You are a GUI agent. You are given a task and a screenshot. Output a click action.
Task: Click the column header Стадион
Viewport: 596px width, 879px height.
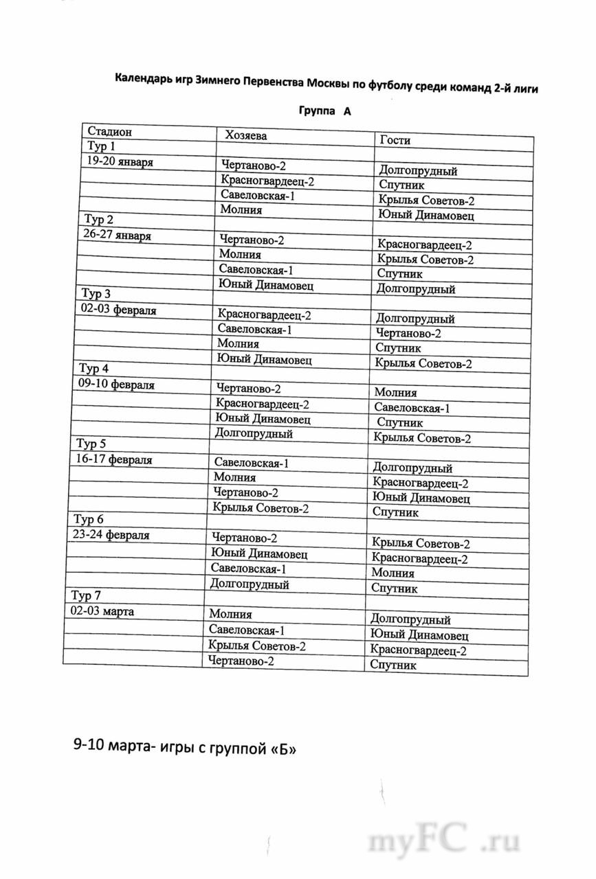click(108, 131)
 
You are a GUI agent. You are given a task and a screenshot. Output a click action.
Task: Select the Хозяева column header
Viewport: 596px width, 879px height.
click(243, 135)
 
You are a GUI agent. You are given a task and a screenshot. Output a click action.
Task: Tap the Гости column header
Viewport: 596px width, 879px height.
click(394, 139)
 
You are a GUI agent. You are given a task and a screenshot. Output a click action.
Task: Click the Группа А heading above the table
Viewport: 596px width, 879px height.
click(324, 111)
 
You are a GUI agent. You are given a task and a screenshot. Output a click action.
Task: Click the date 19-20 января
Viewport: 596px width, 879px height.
click(119, 162)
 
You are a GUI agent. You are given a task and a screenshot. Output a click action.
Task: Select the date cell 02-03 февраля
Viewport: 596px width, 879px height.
click(117, 310)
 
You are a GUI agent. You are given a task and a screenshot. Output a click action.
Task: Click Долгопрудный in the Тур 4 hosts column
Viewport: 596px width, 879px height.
click(254, 434)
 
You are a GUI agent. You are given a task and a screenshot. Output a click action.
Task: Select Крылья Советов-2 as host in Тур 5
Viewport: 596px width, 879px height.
click(261, 509)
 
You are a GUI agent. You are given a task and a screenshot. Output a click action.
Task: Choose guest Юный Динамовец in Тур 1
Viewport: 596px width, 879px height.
click(426, 216)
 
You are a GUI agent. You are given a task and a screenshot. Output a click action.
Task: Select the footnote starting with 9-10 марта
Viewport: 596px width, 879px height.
click(185, 746)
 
